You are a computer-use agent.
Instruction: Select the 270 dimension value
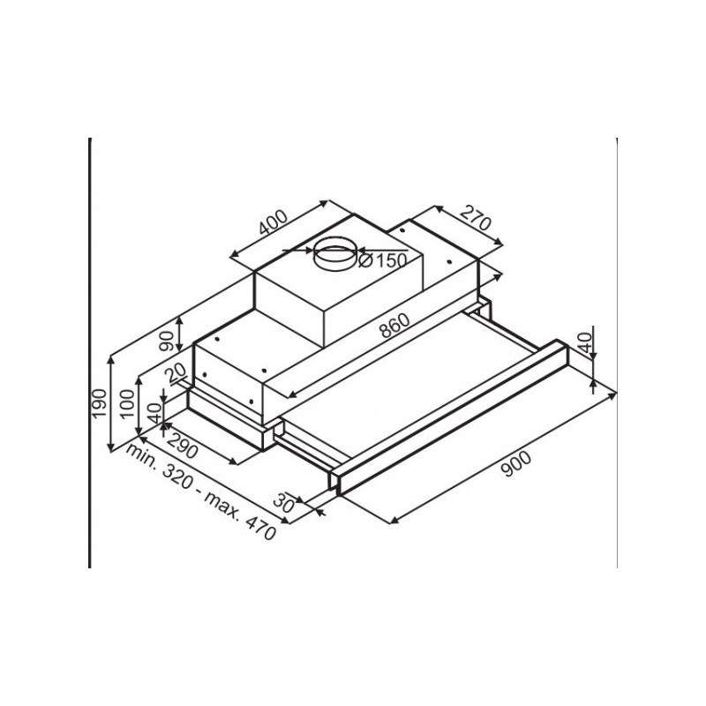[x=476, y=217]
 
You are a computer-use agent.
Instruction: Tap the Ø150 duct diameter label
[x=383, y=259]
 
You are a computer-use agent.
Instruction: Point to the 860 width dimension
[x=394, y=325]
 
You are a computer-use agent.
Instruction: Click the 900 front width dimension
[x=516, y=464]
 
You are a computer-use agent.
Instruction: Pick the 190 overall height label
[x=99, y=402]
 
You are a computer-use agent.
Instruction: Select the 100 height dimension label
[x=128, y=403]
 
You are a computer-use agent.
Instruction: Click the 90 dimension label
[x=167, y=341]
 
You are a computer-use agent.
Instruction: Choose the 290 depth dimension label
[x=183, y=445]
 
